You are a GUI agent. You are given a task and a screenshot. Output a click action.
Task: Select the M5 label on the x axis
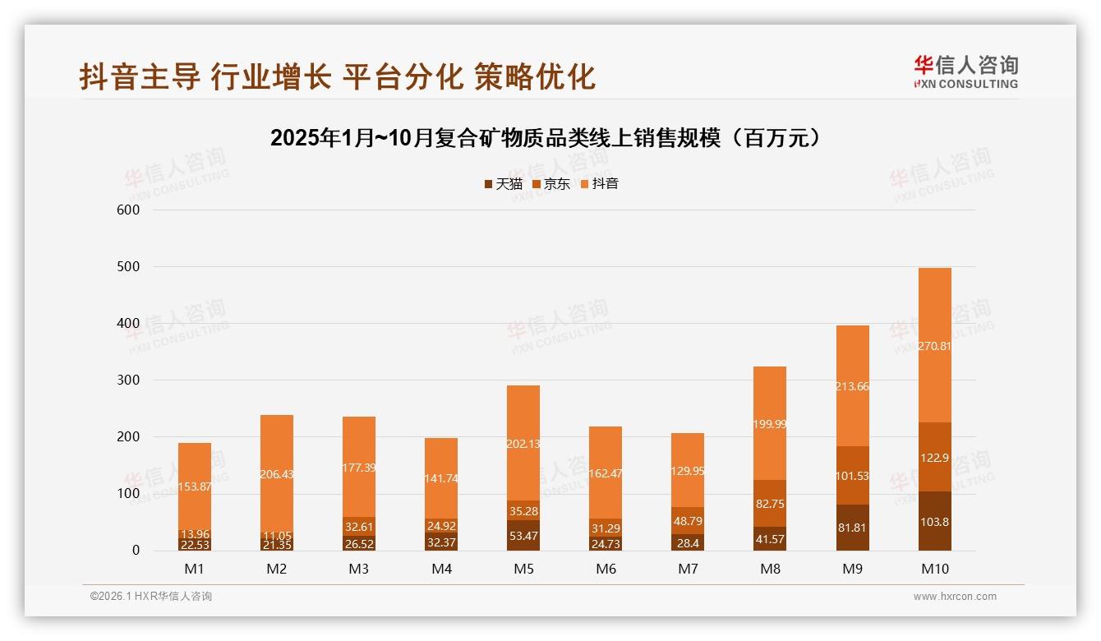point(523,569)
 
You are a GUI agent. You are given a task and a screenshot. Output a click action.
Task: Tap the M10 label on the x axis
point(934,569)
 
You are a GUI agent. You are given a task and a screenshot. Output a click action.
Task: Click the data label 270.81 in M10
point(934,346)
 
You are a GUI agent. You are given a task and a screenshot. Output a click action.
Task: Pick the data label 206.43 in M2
point(277,474)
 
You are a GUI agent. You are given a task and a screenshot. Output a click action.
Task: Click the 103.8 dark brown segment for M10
point(934,521)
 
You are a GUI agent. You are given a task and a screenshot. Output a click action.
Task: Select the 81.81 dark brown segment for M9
point(852,528)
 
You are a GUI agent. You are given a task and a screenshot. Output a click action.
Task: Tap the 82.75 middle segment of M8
point(770,504)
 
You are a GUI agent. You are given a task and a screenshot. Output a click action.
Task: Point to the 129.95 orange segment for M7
point(688,470)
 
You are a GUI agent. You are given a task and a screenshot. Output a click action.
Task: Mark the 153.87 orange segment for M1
point(195,487)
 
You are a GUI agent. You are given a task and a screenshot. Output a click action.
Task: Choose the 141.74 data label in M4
point(441,478)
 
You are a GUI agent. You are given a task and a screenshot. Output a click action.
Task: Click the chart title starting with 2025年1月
point(546,138)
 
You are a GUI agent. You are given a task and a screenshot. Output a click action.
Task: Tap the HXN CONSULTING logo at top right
point(965,72)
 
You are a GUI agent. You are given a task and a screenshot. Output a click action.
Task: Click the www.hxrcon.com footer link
point(955,597)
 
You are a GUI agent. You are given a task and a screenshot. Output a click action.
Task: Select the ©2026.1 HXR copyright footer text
point(151,597)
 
